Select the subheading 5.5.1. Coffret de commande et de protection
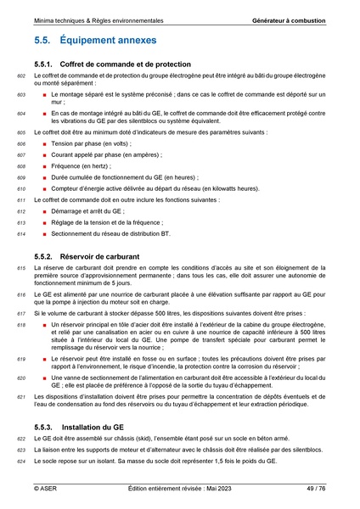pyautogui.click(x=123, y=64)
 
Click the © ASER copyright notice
pyautogui.click(x=47, y=489)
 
